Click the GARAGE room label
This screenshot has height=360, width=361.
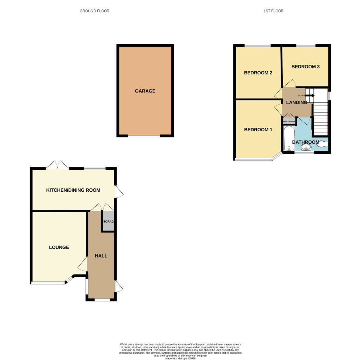(x=145, y=91)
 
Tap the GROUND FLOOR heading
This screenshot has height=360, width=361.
(x=94, y=11)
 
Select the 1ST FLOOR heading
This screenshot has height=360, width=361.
(x=273, y=11)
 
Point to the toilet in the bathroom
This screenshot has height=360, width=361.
(x=322, y=145)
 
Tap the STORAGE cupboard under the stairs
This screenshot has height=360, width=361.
(x=108, y=221)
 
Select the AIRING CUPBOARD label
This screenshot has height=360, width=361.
(x=289, y=121)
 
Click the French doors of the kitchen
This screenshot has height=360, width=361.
(x=57, y=165)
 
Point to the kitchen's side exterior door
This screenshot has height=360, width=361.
(x=119, y=192)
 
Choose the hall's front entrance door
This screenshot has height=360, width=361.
(x=119, y=286)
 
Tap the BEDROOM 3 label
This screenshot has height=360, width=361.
(x=305, y=67)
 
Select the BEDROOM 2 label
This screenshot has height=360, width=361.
(x=258, y=73)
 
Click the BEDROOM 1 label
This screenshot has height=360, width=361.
(x=258, y=130)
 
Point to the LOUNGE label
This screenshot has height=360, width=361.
(x=59, y=247)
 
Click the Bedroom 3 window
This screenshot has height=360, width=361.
(x=305, y=45)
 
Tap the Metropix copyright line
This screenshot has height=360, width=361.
(x=180, y=358)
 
